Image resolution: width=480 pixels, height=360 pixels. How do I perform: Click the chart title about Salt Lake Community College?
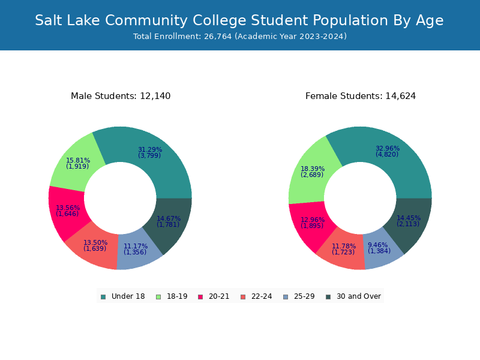point(239,20)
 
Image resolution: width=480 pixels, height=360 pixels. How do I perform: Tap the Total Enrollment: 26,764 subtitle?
point(240,37)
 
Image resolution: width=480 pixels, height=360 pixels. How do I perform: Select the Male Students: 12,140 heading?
point(121,96)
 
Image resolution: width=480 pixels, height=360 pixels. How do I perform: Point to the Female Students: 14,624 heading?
point(361,96)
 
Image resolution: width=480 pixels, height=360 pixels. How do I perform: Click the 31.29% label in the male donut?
point(150,150)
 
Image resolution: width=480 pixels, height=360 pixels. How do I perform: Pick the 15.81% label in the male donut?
point(78,161)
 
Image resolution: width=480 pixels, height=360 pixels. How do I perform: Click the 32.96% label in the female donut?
point(388,149)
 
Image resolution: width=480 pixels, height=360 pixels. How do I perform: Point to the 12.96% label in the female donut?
point(313,220)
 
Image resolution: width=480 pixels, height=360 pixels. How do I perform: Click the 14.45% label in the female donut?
point(409,218)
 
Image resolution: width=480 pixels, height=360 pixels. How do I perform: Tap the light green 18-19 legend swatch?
point(158,296)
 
